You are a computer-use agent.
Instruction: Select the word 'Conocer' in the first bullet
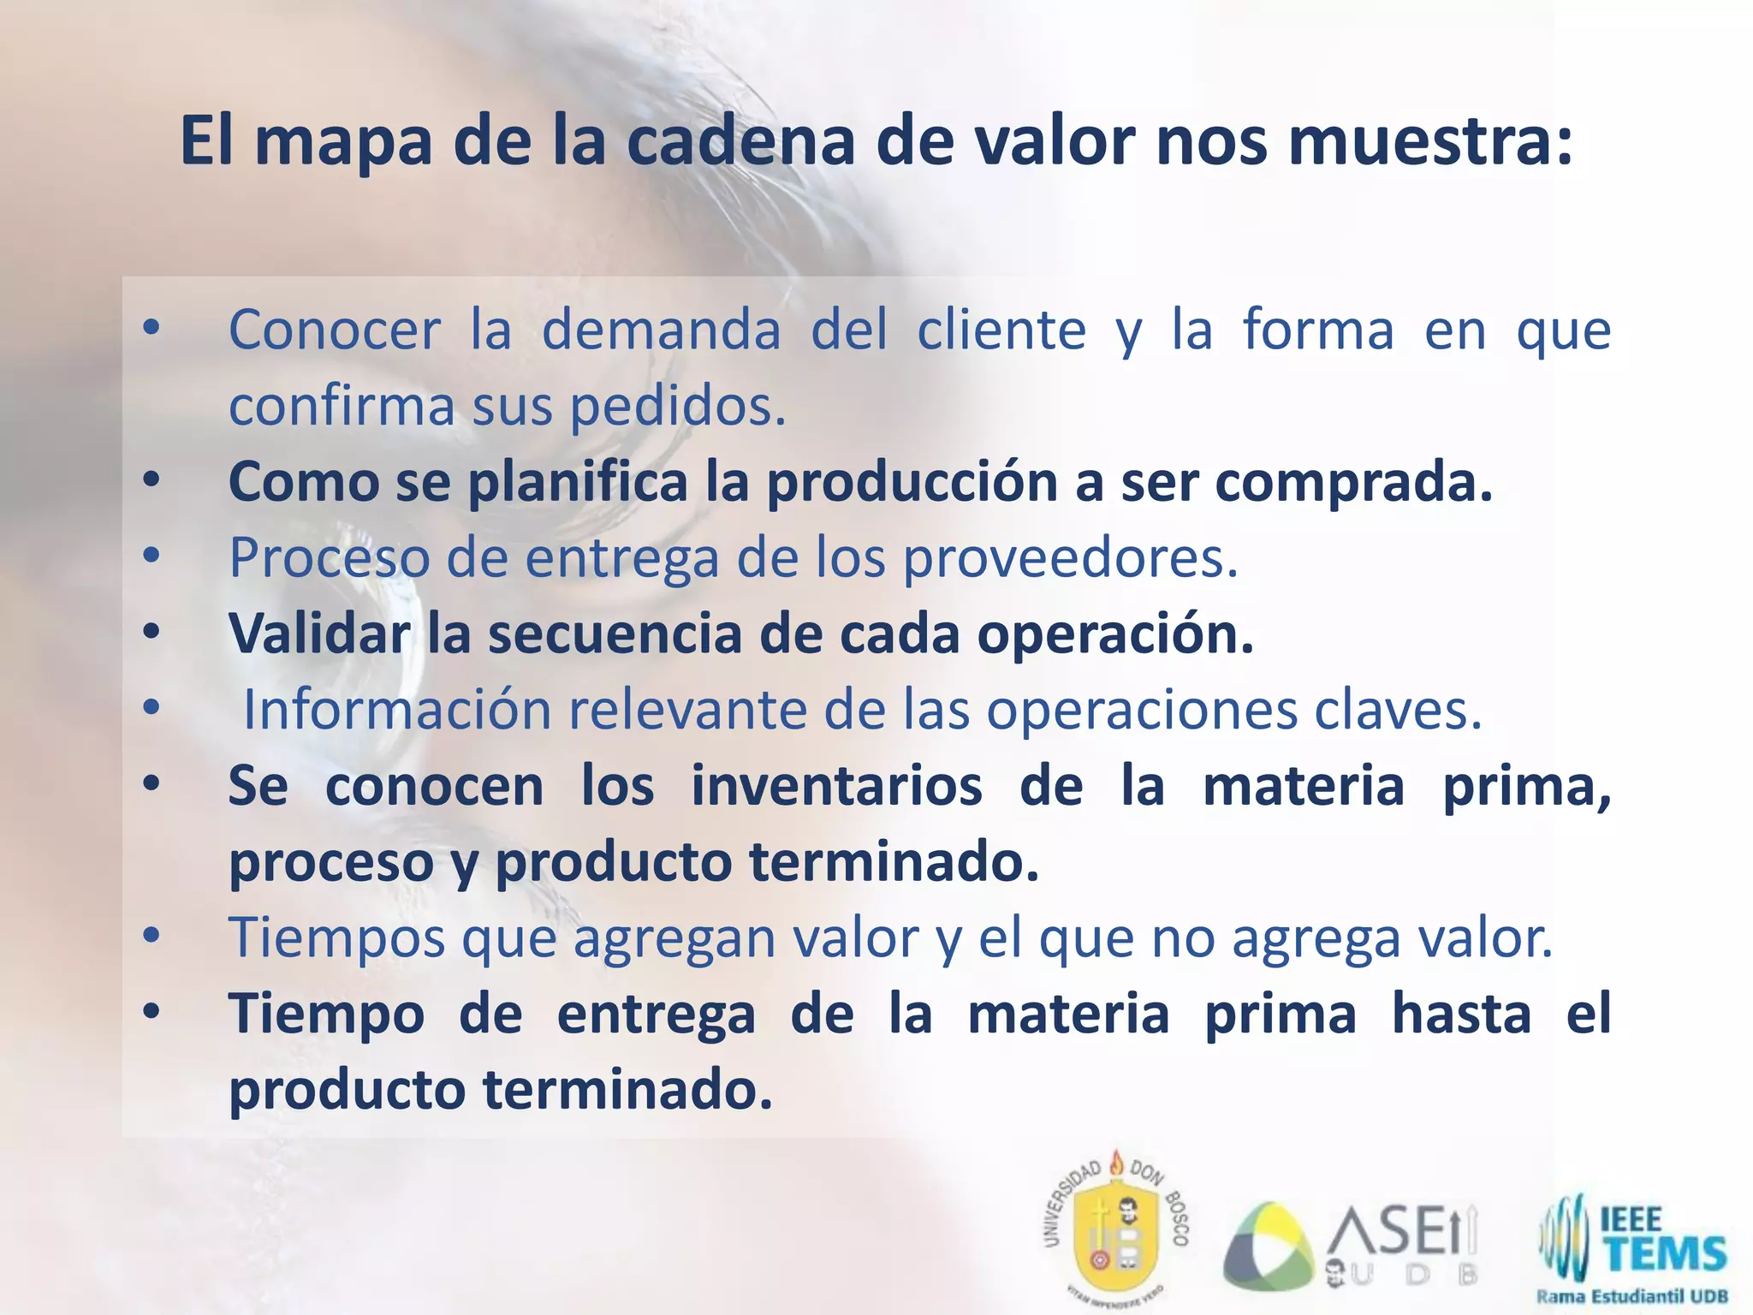(335, 330)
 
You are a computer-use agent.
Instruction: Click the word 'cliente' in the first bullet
(1001, 330)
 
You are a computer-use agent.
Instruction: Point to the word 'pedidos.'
(678, 406)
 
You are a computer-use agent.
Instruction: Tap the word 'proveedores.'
(1072, 558)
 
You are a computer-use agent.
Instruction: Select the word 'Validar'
(319, 634)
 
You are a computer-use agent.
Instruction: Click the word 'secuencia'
(615, 634)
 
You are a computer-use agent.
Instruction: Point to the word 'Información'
(398, 710)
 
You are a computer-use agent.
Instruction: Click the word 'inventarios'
(836, 786)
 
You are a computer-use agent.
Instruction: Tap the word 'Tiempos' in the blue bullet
(336, 938)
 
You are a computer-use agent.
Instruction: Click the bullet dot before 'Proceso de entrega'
(152, 556)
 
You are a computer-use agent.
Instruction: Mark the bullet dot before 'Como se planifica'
(152, 481)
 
